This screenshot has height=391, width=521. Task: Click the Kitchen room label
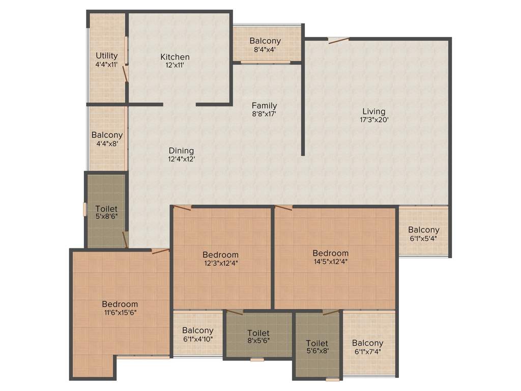175,57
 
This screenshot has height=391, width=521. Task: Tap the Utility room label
107,55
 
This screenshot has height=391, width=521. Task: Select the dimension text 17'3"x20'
374,120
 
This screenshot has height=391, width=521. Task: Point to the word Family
265,106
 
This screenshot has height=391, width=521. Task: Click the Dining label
182,151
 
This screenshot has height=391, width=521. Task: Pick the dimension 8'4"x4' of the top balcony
265,49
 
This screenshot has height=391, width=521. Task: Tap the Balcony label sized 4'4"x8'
107,135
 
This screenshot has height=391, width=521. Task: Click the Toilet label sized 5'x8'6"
106,209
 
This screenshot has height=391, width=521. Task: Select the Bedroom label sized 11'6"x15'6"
120,304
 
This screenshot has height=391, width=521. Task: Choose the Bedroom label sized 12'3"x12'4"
220,255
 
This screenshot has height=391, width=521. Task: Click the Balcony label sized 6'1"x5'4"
423,230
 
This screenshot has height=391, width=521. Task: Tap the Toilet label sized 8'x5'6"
258,333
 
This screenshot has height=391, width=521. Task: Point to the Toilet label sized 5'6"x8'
317,344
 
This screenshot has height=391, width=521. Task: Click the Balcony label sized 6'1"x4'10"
198,330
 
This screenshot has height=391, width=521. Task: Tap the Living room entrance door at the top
338,40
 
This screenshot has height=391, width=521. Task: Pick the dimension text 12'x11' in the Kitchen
175,65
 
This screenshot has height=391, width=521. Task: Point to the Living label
374,111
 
